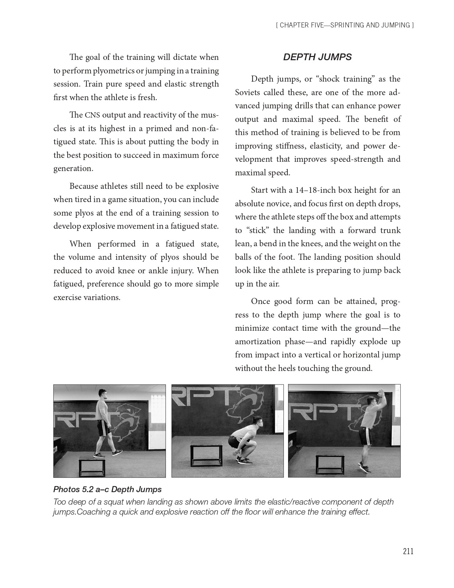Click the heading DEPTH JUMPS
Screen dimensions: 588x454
point(317,57)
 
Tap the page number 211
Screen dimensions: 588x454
point(408,551)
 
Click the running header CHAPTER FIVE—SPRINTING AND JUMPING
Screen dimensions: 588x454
point(344,25)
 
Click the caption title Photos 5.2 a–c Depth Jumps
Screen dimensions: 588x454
point(107,489)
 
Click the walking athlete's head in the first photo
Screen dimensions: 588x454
point(102,395)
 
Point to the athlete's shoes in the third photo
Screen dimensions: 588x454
point(364,468)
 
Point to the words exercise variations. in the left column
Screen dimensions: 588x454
point(87,298)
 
